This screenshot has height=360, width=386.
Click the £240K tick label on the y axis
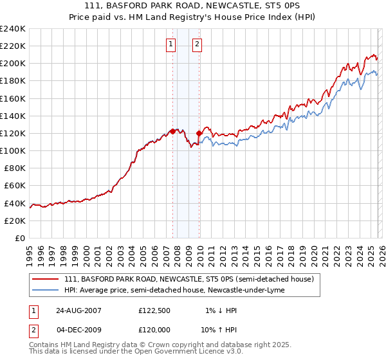pos(13,29)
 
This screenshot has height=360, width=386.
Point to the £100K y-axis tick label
pos(13,150)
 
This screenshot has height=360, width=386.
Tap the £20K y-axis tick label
pos(15,220)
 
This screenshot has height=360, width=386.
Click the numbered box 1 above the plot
pos(171,44)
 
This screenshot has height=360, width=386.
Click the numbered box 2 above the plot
pos(197,44)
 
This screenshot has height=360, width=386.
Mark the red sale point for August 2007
pos(172,131)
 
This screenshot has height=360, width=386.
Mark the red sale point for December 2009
pos(199,133)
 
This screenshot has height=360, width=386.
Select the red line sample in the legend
pos(46,279)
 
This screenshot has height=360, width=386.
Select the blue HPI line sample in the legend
pos(46,290)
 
